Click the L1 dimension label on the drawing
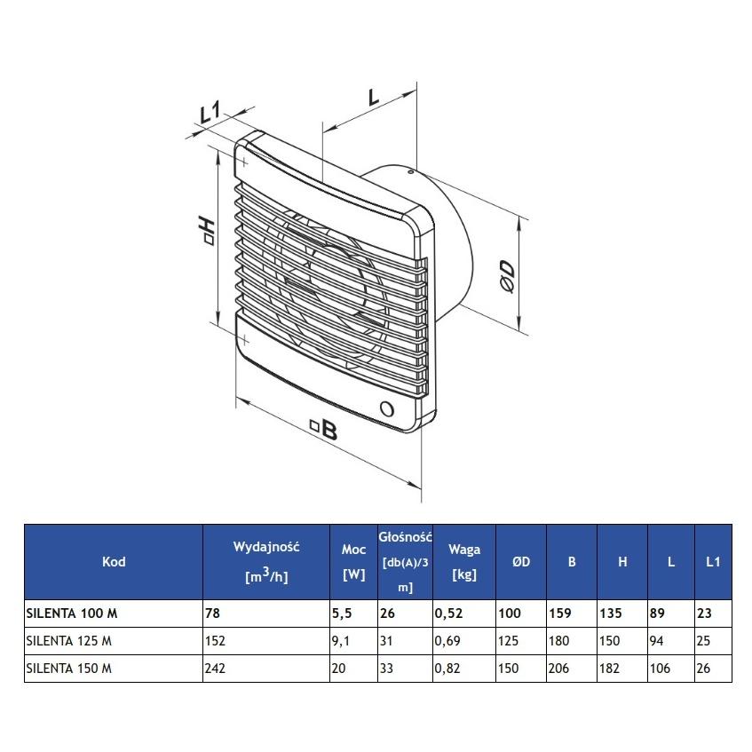(210, 114)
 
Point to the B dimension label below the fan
(325, 431)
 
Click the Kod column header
(114, 561)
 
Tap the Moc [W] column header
(353, 561)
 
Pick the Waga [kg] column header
(464, 561)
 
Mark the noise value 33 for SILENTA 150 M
(388, 669)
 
